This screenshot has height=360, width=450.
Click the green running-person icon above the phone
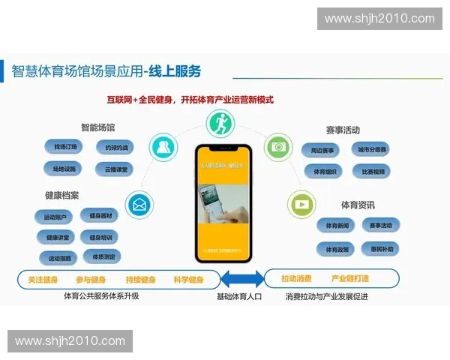pyautogui.click(x=221, y=122)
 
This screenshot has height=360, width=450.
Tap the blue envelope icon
pyautogui.click(x=139, y=202)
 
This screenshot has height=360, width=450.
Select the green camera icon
pyautogui.click(x=279, y=145)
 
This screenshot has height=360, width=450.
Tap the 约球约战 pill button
pyautogui.click(x=117, y=148)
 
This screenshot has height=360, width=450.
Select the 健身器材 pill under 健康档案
pyautogui.click(x=100, y=217)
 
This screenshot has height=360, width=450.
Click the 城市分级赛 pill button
pyautogui.click(x=373, y=149)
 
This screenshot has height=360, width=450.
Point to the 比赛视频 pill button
pyautogui.click(x=373, y=171)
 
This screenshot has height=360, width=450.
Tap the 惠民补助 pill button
pyautogui.click(x=381, y=248)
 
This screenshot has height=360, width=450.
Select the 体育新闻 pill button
pyautogui.click(x=335, y=226)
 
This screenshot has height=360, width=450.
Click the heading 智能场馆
pyautogui.click(x=97, y=128)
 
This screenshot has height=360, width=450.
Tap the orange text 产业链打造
pyautogui.click(x=350, y=278)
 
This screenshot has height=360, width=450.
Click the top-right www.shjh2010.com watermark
pyautogui.click(x=379, y=19)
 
